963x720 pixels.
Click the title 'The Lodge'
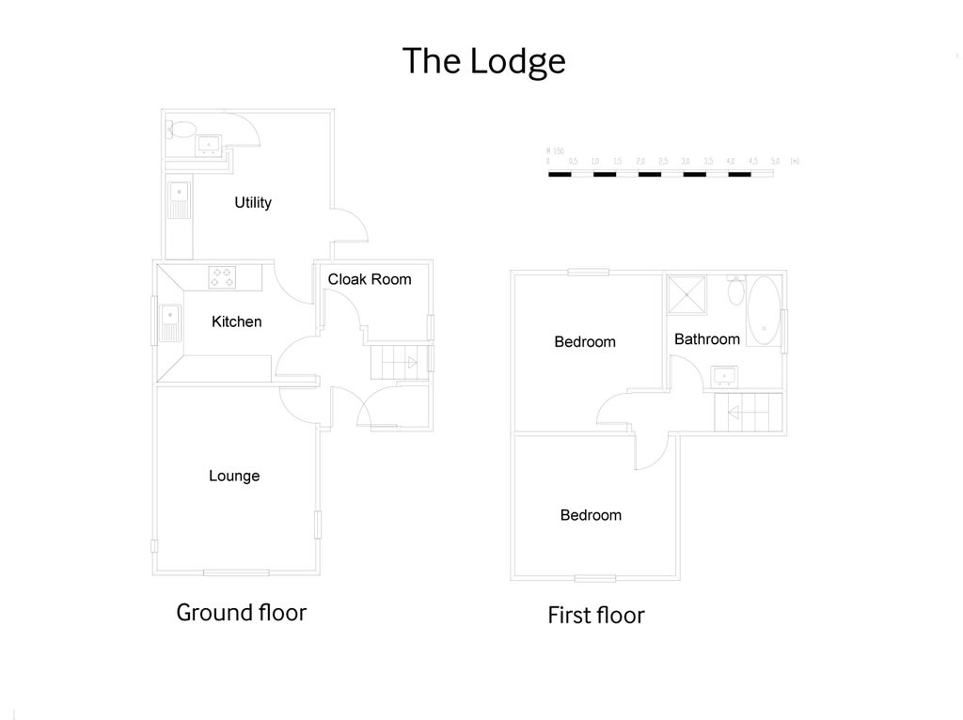point(483,61)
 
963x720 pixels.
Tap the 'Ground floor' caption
point(242,613)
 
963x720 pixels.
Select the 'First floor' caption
point(596,616)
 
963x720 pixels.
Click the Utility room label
point(253,203)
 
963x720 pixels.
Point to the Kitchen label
point(236,321)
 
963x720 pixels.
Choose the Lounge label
point(234,476)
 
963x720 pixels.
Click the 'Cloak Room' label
point(370,279)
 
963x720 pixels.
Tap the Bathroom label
point(706,338)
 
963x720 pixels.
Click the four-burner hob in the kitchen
point(223,276)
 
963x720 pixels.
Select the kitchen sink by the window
point(170,321)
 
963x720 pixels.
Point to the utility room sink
point(179,198)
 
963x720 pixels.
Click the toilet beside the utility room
point(180,130)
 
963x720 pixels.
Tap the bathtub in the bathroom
point(765,310)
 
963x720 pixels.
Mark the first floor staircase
point(750,412)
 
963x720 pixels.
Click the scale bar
point(662,174)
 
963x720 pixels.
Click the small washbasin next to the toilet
point(209,144)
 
